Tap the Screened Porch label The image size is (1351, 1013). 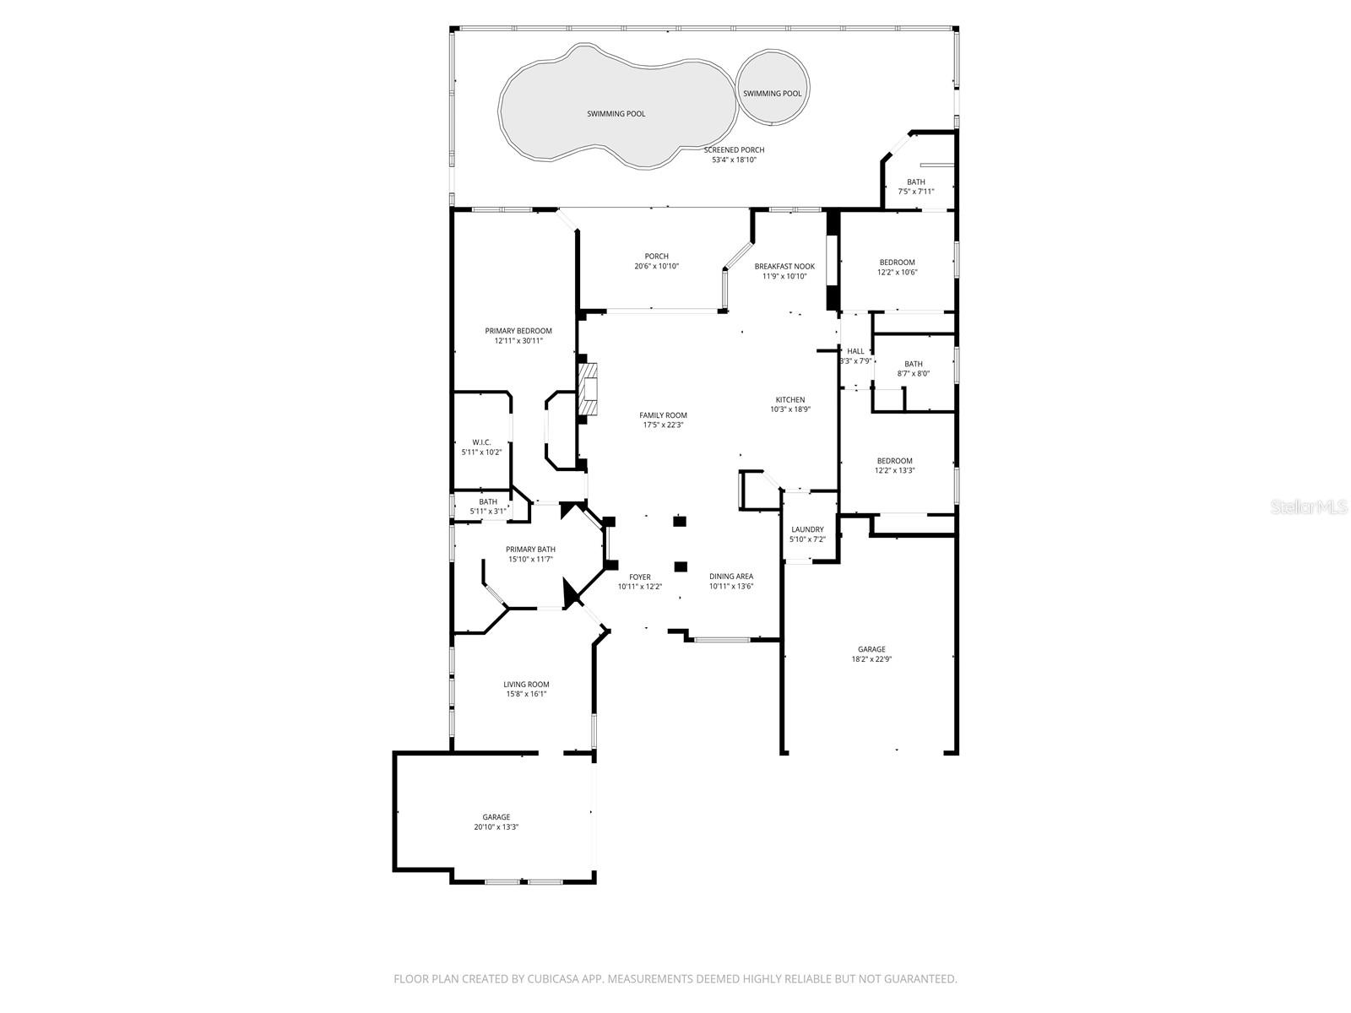[x=734, y=150]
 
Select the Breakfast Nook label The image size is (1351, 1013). [x=784, y=266]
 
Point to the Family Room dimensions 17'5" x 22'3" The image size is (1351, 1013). [x=663, y=425]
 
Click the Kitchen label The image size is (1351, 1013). [x=790, y=399]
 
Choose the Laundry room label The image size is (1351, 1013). [x=807, y=529]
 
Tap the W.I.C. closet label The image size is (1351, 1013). [x=481, y=442]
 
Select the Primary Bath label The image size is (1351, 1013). [x=530, y=549]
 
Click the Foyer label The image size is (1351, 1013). [x=640, y=577]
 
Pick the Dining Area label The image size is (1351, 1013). [x=731, y=577]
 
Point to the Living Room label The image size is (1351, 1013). [x=526, y=685]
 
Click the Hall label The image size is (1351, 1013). [x=855, y=351]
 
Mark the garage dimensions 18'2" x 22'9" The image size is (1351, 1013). [x=871, y=659]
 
